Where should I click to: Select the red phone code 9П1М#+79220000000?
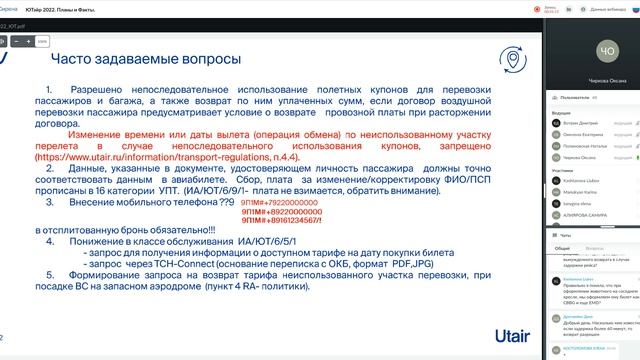pos(275,201)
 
